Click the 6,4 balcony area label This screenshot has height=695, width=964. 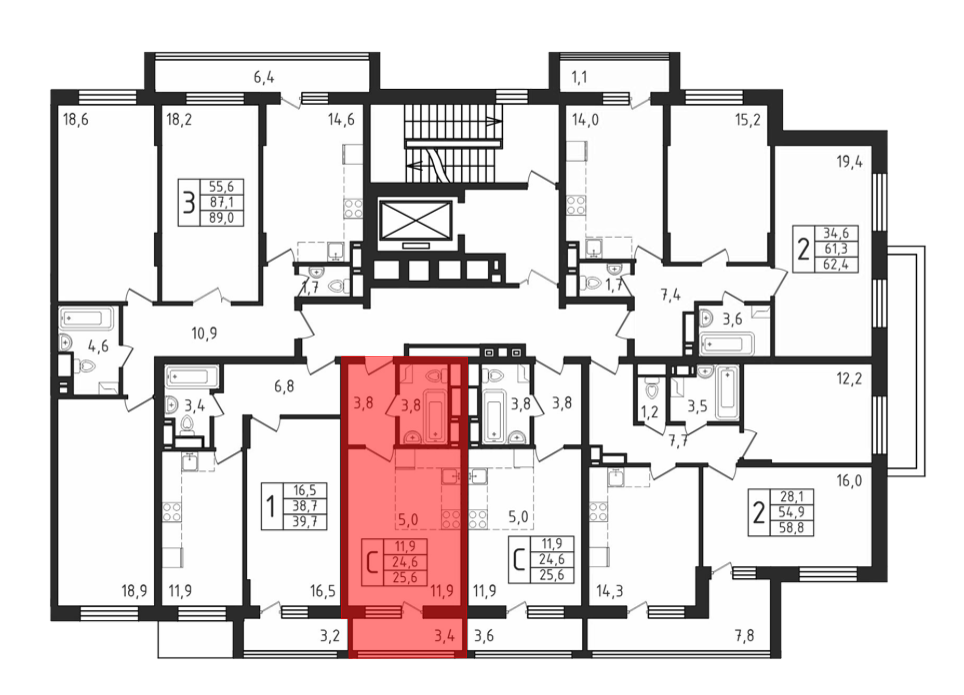point(264,77)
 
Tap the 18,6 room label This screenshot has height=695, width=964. point(76,119)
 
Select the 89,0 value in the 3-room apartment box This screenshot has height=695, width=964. point(221,218)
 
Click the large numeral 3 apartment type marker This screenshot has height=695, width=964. point(188,202)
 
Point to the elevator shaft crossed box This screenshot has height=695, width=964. point(415,220)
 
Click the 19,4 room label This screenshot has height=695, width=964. point(849,161)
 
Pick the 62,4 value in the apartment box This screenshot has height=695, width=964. point(836,264)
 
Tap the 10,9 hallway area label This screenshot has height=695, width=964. point(204,333)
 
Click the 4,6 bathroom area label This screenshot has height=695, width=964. point(98,346)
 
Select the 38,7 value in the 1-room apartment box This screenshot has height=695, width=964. point(305,506)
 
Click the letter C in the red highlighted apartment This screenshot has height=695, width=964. point(372,562)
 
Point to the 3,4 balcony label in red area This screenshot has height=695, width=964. point(444,636)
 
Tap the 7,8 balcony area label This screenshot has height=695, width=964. point(744,636)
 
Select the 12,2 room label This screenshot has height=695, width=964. point(849,379)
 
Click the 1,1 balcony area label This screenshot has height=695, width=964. point(579,77)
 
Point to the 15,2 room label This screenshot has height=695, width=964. point(748,120)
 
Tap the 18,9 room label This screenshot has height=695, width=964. point(134,590)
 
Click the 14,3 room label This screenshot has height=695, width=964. point(610,590)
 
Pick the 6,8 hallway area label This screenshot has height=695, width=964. point(284,386)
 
